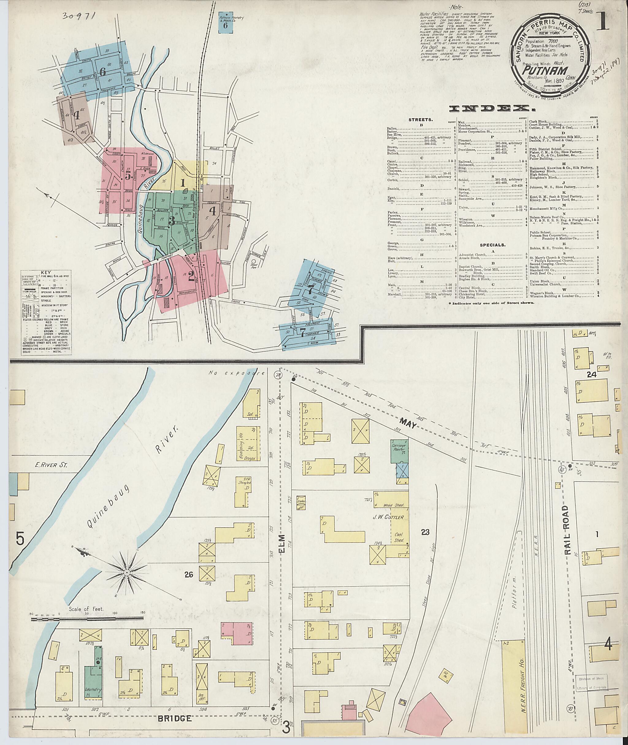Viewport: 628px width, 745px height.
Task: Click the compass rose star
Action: point(127,573)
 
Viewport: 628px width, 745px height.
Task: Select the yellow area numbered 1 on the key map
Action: point(183,183)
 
